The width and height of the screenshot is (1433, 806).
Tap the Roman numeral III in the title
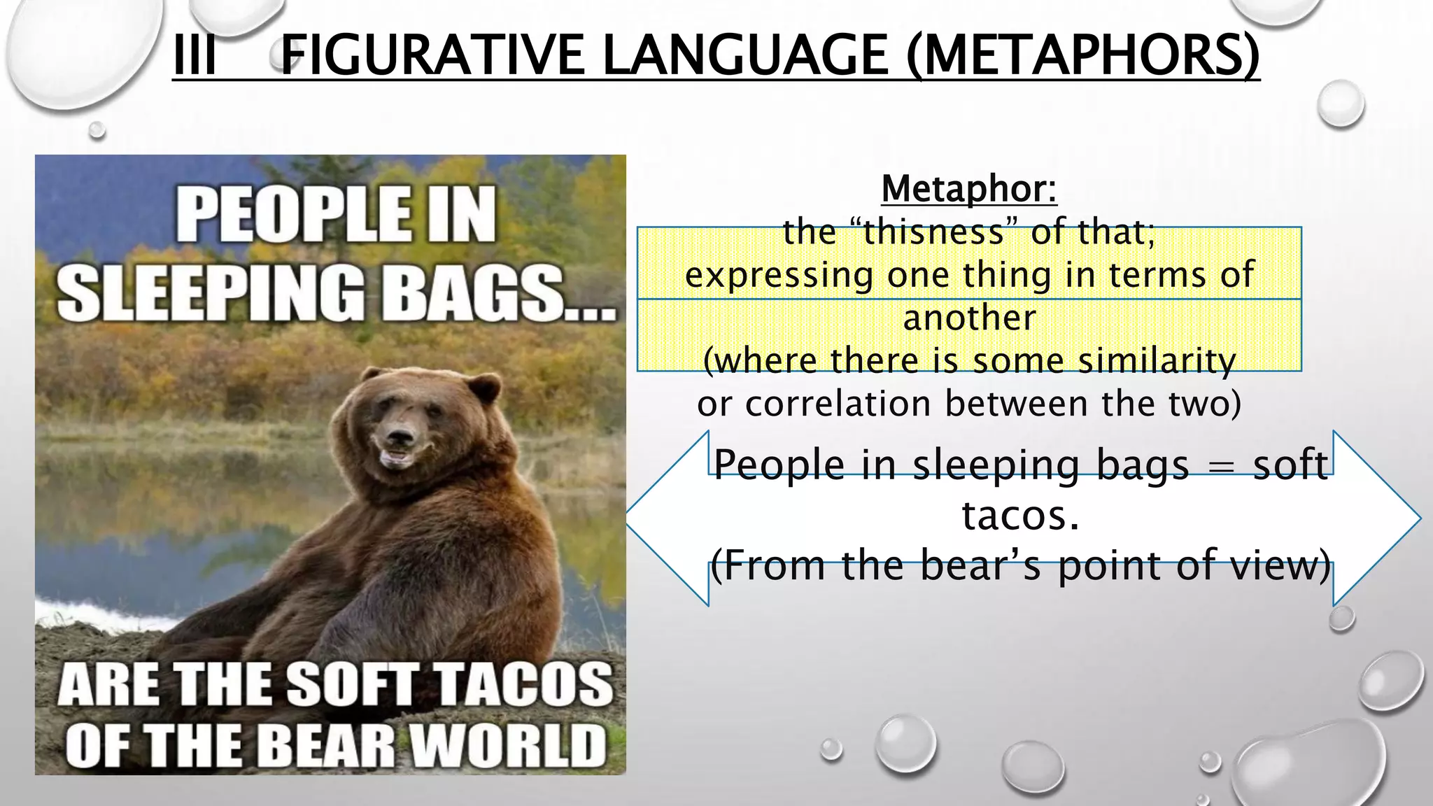click(194, 55)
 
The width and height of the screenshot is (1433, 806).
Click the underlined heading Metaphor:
click(969, 189)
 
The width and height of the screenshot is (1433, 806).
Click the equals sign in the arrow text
click(1221, 466)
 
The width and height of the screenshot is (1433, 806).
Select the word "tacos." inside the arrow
click(1020, 516)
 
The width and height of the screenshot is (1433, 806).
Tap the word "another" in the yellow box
click(969, 318)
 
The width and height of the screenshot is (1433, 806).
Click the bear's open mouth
click(396, 458)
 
